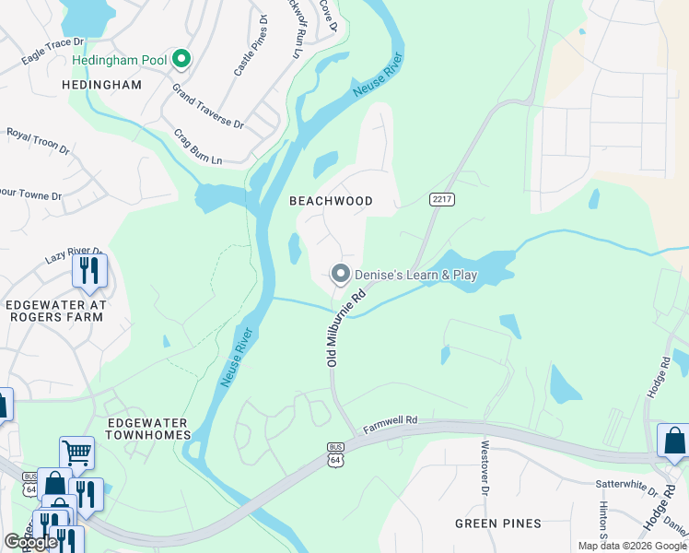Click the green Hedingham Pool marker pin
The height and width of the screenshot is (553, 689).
coord(181,61)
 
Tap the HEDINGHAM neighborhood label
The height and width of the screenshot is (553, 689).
coord(101,85)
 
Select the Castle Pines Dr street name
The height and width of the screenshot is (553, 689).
coord(251,45)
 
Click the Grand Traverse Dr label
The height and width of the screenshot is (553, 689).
coord(207,107)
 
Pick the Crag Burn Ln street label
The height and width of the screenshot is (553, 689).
coord(198,147)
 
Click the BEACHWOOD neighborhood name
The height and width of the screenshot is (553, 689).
coord(331,201)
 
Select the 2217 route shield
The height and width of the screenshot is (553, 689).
coord(442,199)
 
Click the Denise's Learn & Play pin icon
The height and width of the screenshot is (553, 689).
coord(341,274)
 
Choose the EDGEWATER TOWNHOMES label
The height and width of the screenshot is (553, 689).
coord(148,428)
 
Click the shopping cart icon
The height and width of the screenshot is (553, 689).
coord(77,453)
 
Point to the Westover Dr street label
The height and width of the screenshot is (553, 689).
coord(484,466)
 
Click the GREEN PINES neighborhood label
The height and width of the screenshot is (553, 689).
coord(498,524)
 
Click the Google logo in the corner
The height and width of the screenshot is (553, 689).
coord(30,542)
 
